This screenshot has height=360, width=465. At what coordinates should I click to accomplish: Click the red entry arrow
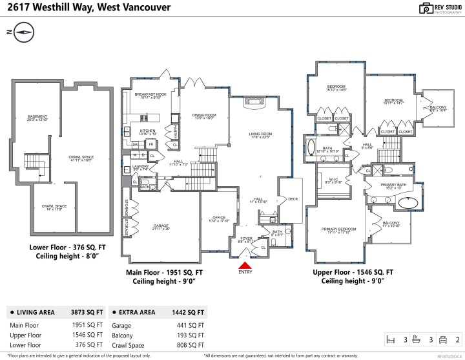(x=245, y=263)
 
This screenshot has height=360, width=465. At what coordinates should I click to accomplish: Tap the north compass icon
(x=25, y=31)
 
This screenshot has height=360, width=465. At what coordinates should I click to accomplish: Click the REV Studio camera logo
(x=426, y=8)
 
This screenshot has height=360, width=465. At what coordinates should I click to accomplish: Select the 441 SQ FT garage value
(x=191, y=325)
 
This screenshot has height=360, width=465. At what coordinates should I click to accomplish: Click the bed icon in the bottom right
(x=390, y=339)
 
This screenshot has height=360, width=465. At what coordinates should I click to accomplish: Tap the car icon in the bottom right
(x=442, y=339)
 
